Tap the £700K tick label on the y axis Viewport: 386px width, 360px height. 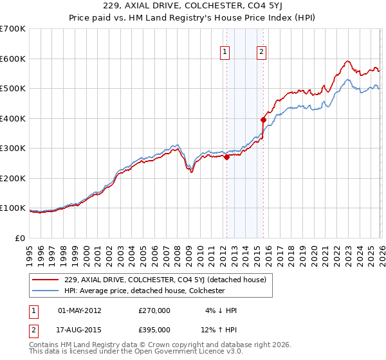click(x=13, y=29)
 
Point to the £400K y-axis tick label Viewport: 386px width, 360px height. click(x=13, y=118)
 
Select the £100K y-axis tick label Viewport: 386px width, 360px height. click(x=13, y=208)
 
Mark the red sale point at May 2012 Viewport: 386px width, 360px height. click(x=226, y=157)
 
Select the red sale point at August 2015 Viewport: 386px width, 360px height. click(x=263, y=120)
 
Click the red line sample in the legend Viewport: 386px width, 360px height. click(x=46, y=279)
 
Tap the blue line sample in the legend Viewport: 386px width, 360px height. click(x=46, y=291)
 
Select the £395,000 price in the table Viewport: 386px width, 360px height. click(x=154, y=330)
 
